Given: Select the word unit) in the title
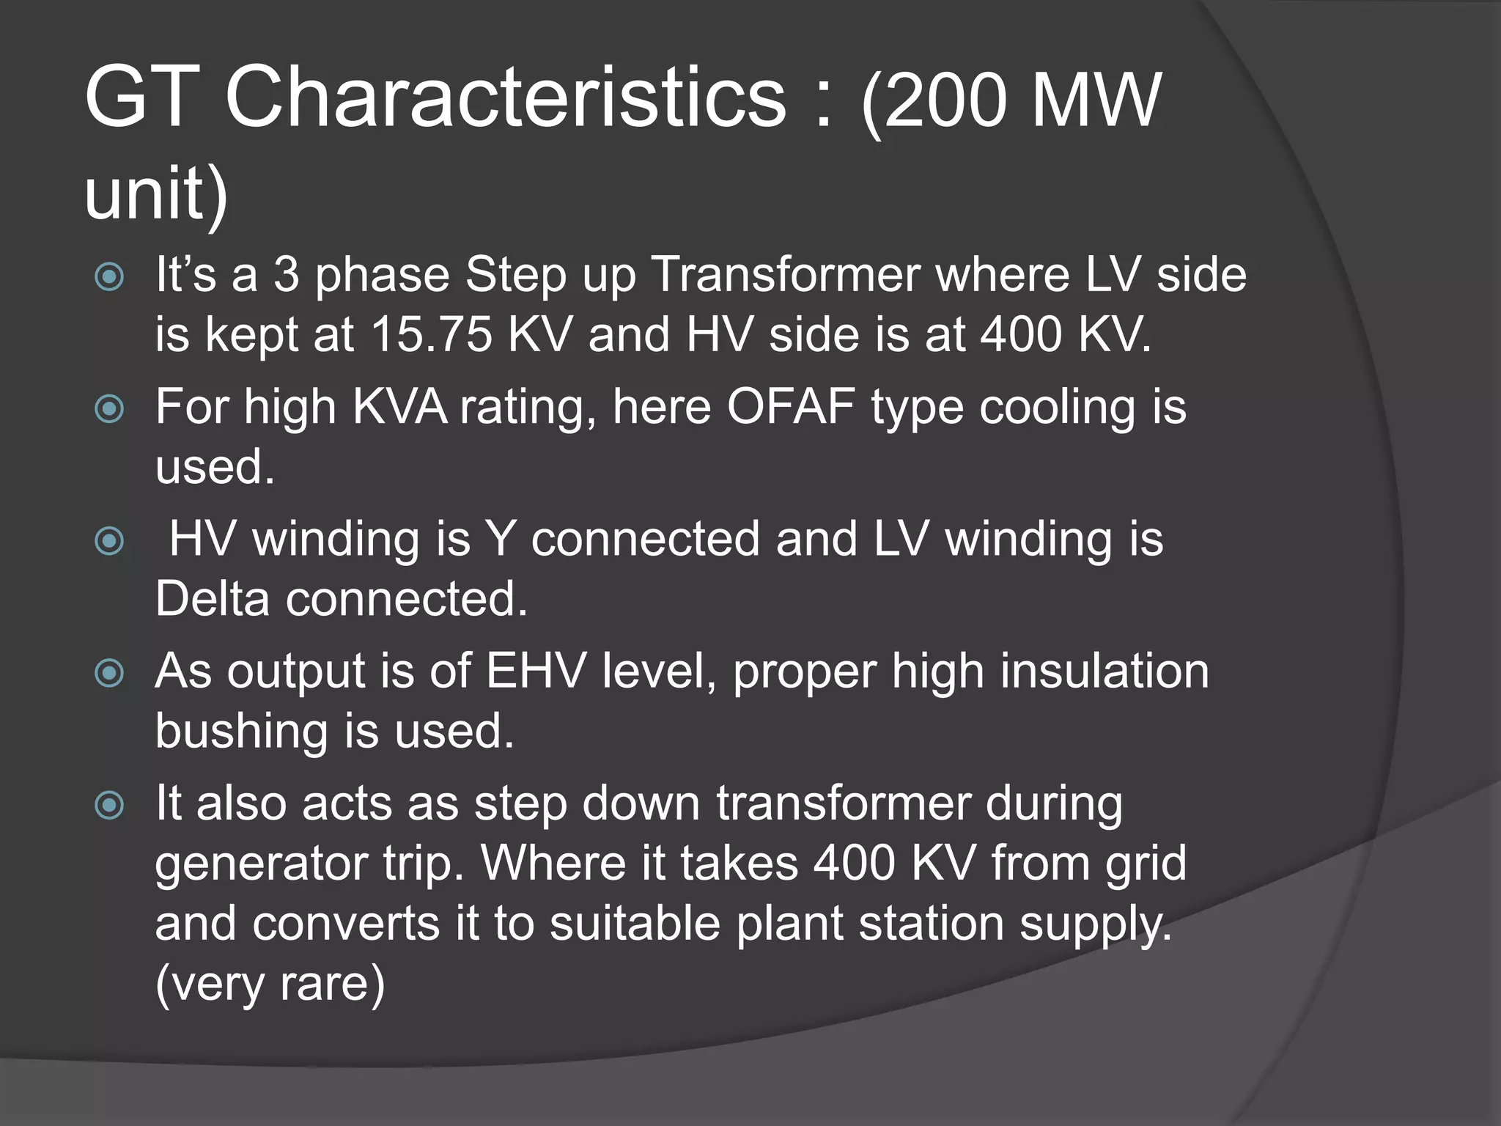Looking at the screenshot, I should pyautogui.click(x=156, y=193).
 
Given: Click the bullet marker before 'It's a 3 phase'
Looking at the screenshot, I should pyautogui.click(x=110, y=276).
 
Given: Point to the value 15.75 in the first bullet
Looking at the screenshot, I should pyautogui.click(x=431, y=335).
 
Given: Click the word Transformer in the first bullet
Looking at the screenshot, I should pyautogui.click(x=786, y=275).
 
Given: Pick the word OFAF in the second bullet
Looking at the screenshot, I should pyautogui.click(x=791, y=407).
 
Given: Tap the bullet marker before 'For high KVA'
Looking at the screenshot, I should pyautogui.click(x=110, y=408).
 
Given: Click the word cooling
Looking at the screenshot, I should pyautogui.click(x=1058, y=407).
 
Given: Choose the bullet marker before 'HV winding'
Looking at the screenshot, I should pyautogui.click(x=110, y=541).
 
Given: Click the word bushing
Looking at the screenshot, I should pyautogui.click(x=241, y=731).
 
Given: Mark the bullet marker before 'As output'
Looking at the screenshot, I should pyautogui.click(x=110, y=673).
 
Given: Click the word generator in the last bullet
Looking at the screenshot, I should pyautogui.click(x=261, y=864).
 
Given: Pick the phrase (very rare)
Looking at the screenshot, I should pyautogui.click(x=270, y=984).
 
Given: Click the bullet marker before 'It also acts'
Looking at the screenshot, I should pyautogui.click(x=110, y=806).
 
